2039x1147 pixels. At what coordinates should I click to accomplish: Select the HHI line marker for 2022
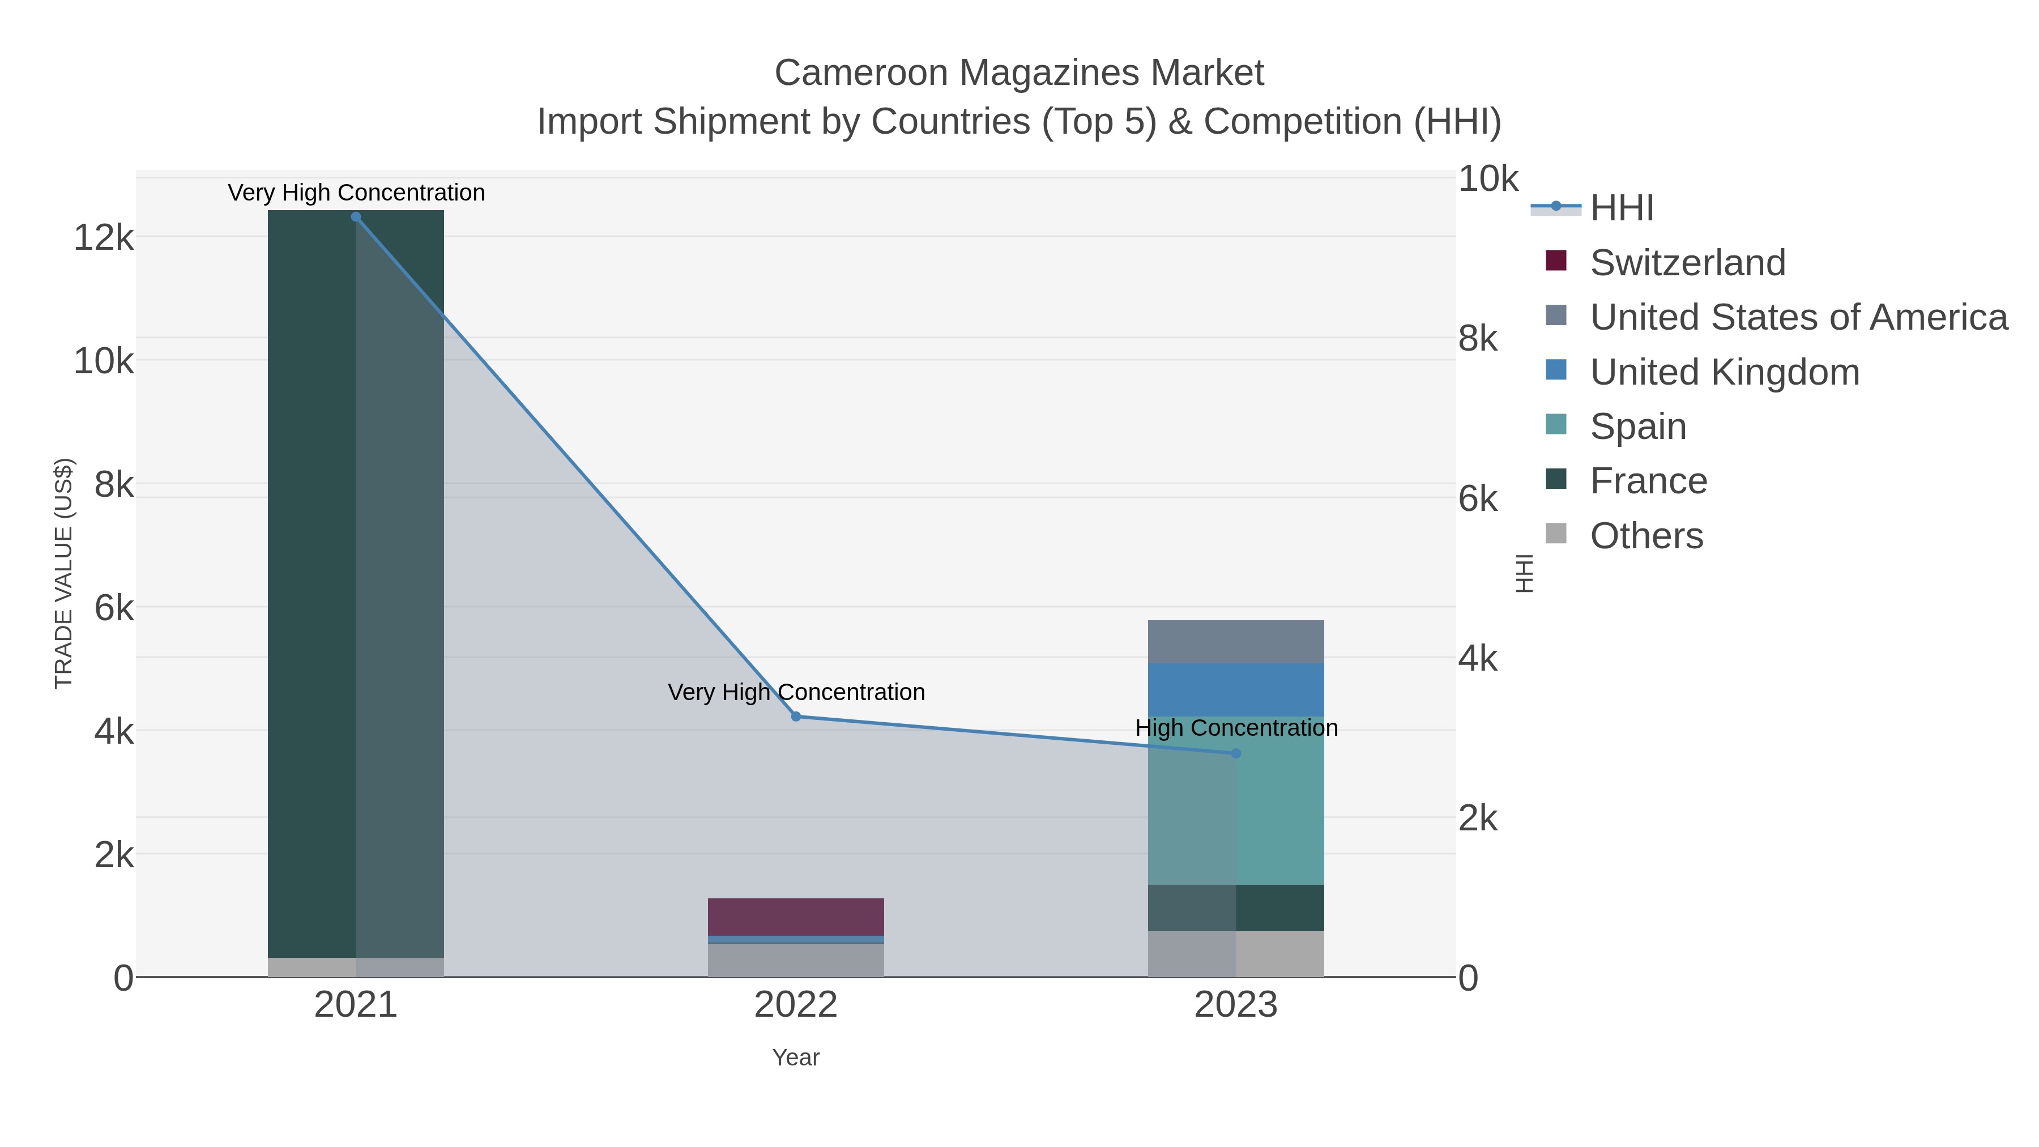(796, 717)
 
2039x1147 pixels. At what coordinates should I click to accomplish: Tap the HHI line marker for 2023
(1236, 753)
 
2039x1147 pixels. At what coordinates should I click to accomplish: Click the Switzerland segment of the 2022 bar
(796, 916)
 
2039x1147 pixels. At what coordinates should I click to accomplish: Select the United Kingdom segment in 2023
(1236, 689)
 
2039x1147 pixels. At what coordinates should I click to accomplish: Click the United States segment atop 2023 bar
(1236, 641)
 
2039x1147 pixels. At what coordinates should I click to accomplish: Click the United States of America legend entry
(1798, 317)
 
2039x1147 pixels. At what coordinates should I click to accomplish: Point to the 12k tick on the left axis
(103, 237)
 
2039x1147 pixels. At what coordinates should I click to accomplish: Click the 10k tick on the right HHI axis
(1488, 179)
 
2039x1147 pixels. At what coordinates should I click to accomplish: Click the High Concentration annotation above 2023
(1236, 727)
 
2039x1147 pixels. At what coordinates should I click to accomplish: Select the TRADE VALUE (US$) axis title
(63, 573)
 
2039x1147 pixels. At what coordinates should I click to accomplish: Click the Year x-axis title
(796, 1058)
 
